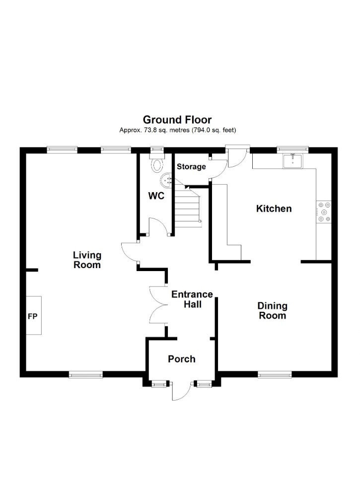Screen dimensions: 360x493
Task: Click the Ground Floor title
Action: pyautogui.click(x=177, y=120)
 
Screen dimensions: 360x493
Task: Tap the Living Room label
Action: pyautogui.click(x=87, y=260)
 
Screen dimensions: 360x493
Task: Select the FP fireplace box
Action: pyautogui.click(x=33, y=315)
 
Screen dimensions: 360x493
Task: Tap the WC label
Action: pyautogui.click(x=156, y=196)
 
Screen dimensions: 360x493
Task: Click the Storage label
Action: pyautogui.click(x=191, y=167)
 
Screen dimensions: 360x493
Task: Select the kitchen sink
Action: pyautogui.click(x=292, y=161)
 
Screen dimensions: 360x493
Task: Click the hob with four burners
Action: pyautogui.click(x=324, y=212)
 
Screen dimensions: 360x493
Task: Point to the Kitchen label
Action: pyautogui.click(x=274, y=209)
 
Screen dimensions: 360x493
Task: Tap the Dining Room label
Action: pyautogui.click(x=272, y=311)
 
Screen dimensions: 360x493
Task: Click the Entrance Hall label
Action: pyautogui.click(x=192, y=299)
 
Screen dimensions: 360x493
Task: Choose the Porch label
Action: pyautogui.click(x=182, y=359)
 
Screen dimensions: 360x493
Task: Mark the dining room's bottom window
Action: pyautogui.click(x=275, y=374)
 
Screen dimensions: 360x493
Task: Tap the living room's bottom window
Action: pyautogui.click(x=86, y=374)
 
